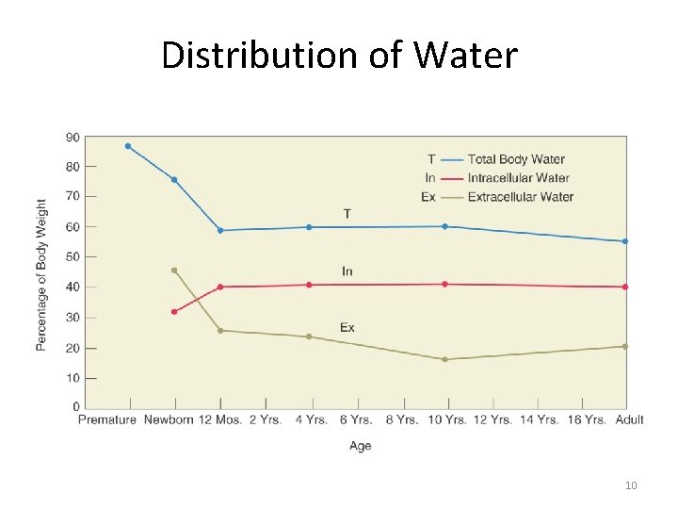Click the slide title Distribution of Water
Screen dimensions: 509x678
coord(339,55)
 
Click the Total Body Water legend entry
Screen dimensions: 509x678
coord(516,159)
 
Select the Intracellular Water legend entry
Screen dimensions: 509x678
coord(518,178)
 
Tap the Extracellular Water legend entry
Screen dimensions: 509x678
coord(520,197)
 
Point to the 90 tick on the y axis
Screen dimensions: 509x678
coord(73,137)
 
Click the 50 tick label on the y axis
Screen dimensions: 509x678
coord(73,256)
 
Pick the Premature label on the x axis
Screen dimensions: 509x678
coord(107,419)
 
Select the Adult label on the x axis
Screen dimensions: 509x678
coord(628,419)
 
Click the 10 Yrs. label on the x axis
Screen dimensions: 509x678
coord(444,419)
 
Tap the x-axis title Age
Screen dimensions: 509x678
coord(360,446)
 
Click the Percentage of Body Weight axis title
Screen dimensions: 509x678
coord(41,274)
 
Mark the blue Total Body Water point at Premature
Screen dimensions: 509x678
coord(128,146)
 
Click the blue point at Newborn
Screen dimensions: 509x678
coord(174,179)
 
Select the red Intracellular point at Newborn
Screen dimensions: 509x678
coord(174,311)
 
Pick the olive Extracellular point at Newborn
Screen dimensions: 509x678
coord(174,270)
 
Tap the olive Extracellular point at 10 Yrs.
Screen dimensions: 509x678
coord(444,359)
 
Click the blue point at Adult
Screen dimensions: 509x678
coord(625,241)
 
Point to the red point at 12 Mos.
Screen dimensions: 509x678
coord(220,287)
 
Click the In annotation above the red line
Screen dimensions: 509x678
coord(347,271)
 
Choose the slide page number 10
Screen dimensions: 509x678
coord(631,485)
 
